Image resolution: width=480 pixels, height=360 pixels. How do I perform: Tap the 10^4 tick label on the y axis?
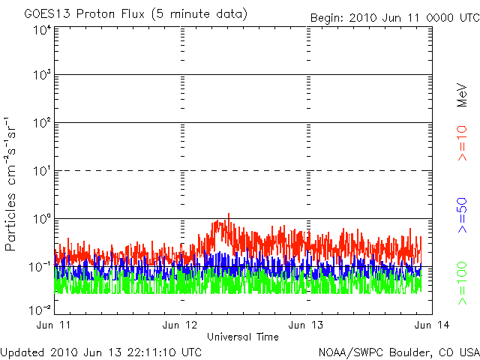(x=42, y=29)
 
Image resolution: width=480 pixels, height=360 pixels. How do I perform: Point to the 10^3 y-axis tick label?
(x=42, y=76)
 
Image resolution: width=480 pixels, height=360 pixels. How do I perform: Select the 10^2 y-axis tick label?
(x=42, y=123)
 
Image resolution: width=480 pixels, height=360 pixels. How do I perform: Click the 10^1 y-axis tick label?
(x=42, y=171)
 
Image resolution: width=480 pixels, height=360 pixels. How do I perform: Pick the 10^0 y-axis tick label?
(x=42, y=218)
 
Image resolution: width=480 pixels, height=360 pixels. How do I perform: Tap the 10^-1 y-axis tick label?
(x=40, y=266)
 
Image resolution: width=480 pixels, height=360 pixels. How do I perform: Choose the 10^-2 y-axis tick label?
(x=40, y=310)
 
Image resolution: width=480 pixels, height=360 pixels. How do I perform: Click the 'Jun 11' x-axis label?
(x=55, y=325)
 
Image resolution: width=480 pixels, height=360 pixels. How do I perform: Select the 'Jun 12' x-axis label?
(x=181, y=325)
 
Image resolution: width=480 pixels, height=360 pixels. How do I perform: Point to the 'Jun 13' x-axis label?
(x=306, y=325)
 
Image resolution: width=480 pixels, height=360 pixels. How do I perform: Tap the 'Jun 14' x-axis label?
(x=430, y=325)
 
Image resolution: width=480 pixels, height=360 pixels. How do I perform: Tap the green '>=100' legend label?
(x=463, y=283)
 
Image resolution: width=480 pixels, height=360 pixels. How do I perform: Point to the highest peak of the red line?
(x=228, y=214)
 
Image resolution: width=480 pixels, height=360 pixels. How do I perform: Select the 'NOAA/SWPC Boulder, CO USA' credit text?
(x=397, y=352)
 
